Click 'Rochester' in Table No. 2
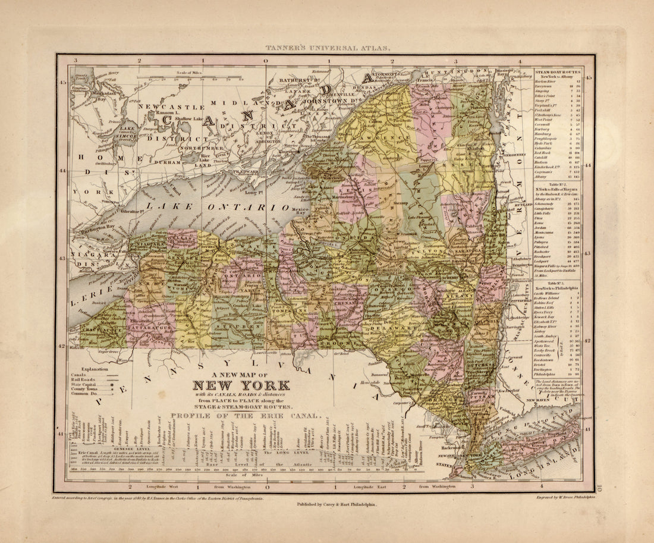point(545,252)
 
